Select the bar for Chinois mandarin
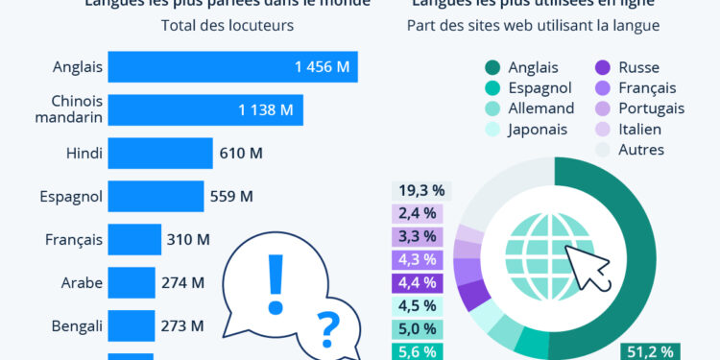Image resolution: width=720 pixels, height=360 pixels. [205, 110]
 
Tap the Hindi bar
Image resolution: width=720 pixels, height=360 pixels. [159, 154]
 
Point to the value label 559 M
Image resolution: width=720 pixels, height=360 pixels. [231, 197]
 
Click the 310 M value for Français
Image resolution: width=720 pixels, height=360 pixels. [188, 240]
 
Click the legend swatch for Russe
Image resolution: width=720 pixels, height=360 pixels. [603, 67]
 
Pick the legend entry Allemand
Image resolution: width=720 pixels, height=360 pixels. [541, 108]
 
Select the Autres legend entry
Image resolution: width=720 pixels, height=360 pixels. [641, 150]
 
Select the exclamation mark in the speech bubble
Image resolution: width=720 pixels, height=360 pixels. [276, 277]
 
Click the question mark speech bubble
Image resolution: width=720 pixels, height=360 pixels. [327, 329]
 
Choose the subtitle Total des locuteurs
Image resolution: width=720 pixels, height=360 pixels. [228, 25]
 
